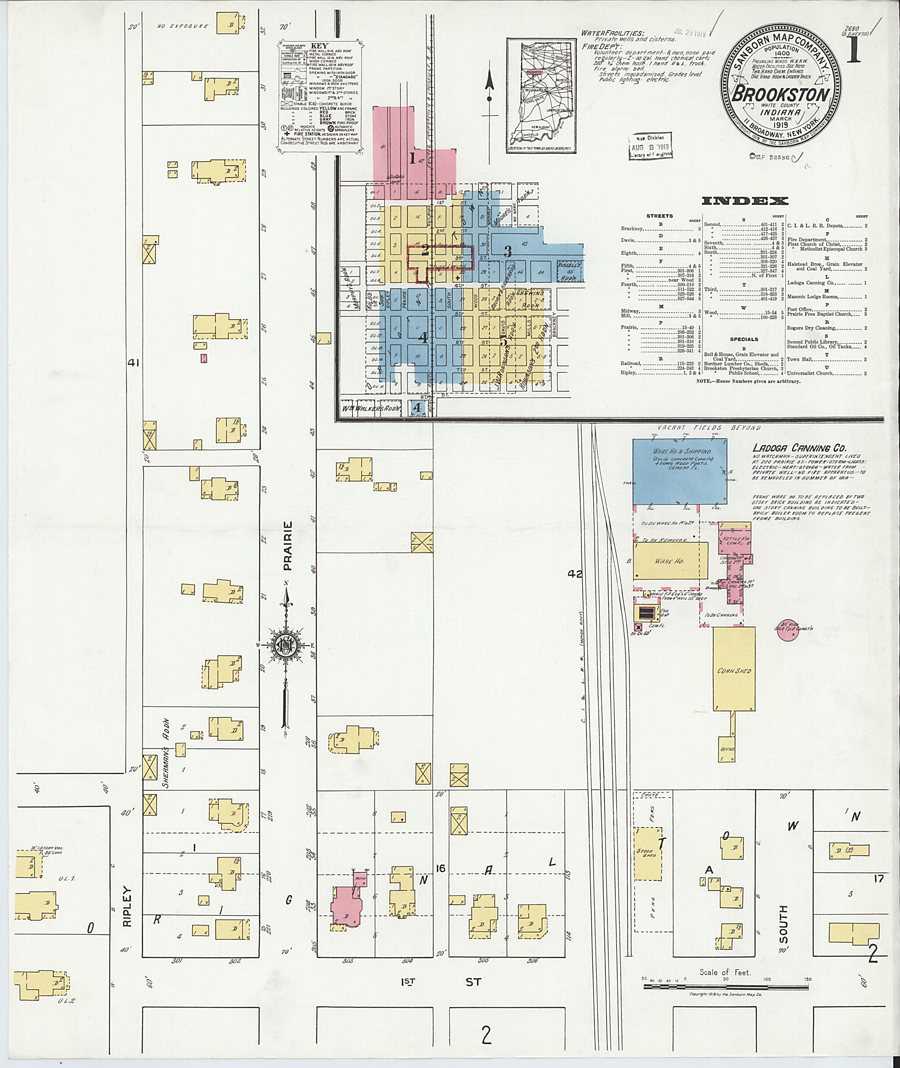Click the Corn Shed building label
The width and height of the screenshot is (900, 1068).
(x=734, y=671)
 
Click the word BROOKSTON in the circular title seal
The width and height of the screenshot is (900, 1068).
(x=780, y=95)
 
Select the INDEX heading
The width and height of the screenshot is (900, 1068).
(x=744, y=201)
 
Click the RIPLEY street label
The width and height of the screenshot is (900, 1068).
(x=127, y=906)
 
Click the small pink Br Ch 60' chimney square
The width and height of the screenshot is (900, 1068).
(x=638, y=627)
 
